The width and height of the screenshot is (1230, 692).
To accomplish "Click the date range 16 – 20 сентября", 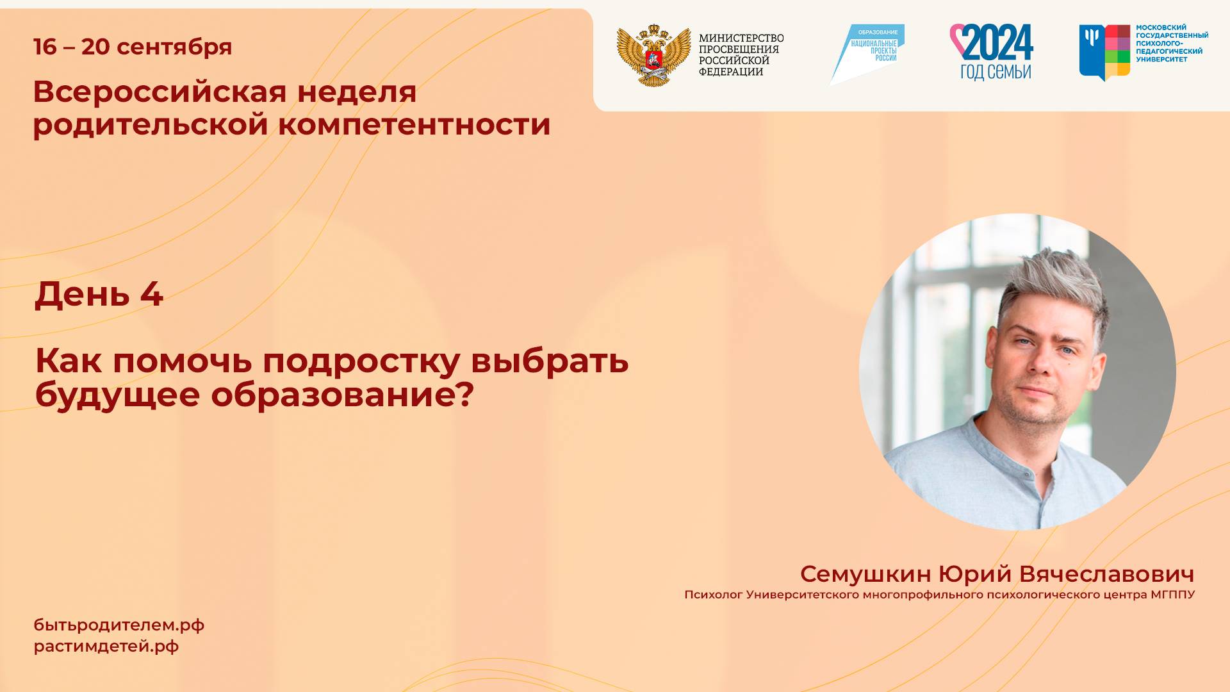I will [x=133, y=47].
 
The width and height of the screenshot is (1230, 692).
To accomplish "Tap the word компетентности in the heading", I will [x=414, y=124].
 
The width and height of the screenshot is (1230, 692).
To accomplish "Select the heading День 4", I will [x=99, y=294].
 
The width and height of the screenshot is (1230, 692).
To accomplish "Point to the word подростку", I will [x=361, y=361].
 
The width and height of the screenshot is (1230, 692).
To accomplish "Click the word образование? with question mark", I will [x=342, y=395].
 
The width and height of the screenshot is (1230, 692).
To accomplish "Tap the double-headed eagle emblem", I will [x=653, y=56].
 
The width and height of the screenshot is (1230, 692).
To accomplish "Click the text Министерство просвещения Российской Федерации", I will [x=741, y=55].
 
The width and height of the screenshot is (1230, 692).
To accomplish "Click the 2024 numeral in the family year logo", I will [x=998, y=42].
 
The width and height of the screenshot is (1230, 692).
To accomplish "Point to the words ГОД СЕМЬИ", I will [x=995, y=72].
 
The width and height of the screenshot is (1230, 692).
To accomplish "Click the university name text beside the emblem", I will [x=1172, y=44].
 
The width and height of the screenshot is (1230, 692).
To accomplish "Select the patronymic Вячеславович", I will [x=1106, y=574].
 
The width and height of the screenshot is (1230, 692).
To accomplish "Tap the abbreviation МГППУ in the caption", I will [x=1172, y=595].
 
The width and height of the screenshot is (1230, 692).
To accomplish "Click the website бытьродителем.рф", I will [x=119, y=625].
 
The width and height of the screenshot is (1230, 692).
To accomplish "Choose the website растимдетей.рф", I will [x=106, y=647].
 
